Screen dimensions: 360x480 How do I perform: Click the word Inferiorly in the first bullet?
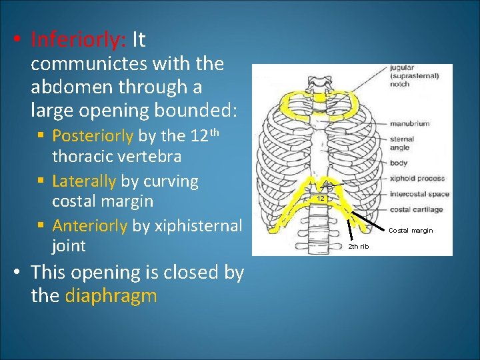tap(79, 41)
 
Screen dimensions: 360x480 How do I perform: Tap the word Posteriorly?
tap(93, 136)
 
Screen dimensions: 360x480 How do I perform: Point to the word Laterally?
tap(84, 181)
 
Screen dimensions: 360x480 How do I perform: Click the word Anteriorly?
tap(89, 226)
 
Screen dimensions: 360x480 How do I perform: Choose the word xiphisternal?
tap(198, 226)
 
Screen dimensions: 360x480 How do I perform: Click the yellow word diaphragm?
tap(111, 295)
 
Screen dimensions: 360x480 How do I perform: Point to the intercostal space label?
tap(419, 195)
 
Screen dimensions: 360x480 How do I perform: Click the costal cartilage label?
tap(417, 209)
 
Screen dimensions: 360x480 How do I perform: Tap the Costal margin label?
tap(411, 231)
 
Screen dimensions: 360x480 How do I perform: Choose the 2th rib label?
tap(359, 246)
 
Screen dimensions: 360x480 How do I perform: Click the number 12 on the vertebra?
tap(321, 199)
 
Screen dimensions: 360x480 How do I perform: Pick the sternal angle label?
tap(402, 143)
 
